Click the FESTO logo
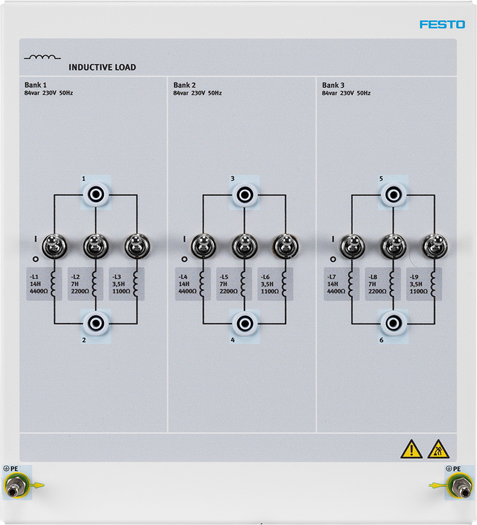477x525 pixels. click(442, 24)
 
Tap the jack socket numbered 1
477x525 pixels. click(96, 194)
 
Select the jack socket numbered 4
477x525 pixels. click(245, 324)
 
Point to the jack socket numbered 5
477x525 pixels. click(394, 194)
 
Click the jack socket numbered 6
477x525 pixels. click(394, 324)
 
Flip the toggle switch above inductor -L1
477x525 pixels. click(54, 246)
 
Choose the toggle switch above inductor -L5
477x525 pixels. click(245, 246)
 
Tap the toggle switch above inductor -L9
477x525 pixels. click(435, 246)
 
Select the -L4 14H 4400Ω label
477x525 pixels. click(188, 284)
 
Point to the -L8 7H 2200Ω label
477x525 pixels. click(377, 284)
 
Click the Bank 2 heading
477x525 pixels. click(185, 85)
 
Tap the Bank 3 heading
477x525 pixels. click(333, 85)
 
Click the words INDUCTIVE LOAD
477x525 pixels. click(102, 67)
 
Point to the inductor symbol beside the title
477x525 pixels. click(42, 57)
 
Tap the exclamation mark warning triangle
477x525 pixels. click(411, 449)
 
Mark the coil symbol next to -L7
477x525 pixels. click(351, 283)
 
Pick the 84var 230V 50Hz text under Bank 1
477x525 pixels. click(48, 93)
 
